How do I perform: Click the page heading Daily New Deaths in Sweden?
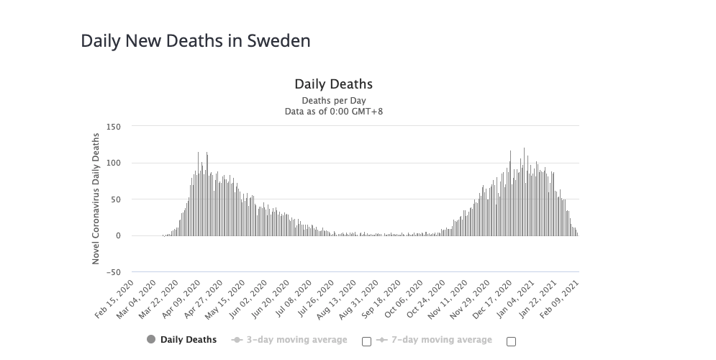pyautogui.click(x=196, y=40)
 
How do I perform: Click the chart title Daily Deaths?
pyautogui.click(x=333, y=84)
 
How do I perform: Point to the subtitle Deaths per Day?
pyautogui.click(x=333, y=101)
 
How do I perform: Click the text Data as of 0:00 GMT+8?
pyautogui.click(x=333, y=112)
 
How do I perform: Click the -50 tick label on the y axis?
pyautogui.click(x=113, y=272)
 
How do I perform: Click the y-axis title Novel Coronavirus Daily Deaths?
pyautogui.click(x=96, y=199)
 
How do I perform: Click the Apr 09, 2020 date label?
pyautogui.click(x=183, y=297)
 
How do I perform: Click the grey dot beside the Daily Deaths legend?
pyautogui.click(x=150, y=340)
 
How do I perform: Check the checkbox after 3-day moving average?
pyautogui.click(x=366, y=341)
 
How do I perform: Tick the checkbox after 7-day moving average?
pyautogui.click(x=511, y=341)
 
